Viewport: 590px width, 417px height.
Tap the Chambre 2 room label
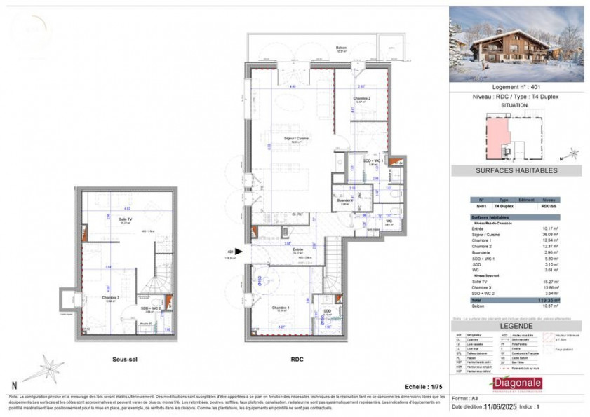361,98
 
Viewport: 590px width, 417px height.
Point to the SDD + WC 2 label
149,308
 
